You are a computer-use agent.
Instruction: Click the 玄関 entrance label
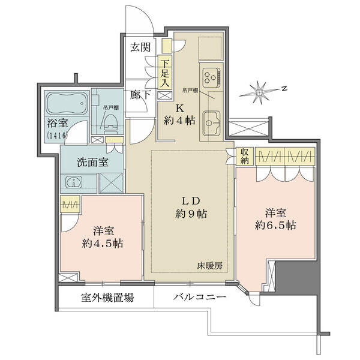click(140, 47)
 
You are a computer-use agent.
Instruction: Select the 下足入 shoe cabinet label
click(165, 73)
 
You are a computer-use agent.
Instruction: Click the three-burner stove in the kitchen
click(211, 76)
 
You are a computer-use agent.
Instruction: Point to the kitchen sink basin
click(211, 123)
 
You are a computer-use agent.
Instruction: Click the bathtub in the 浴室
click(67, 103)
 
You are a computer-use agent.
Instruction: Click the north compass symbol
click(260, 92)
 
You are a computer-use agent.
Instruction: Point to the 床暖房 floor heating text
click(209, 266)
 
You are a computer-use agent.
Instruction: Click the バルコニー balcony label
click(199, 298)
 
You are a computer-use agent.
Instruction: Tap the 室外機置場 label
click(107, 298)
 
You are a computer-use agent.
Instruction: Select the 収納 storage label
click(244, 156)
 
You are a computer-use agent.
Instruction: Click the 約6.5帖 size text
click(275, 225)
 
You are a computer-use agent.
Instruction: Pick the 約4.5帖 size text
click(103, 244)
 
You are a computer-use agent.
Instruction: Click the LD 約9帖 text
click(191, 208)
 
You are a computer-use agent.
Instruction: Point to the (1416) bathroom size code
click(58, 135)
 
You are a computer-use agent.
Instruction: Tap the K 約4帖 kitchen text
click(180, 115)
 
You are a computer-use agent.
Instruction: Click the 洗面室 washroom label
click(92, 163)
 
